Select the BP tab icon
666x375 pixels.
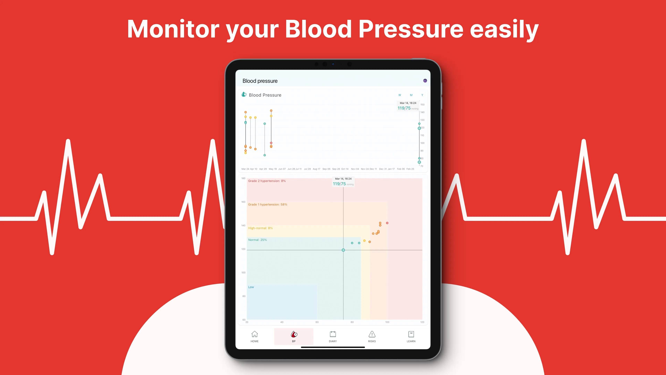(294, 334)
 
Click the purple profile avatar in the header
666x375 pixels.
(425, 81)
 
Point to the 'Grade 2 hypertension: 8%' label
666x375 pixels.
(267, 181)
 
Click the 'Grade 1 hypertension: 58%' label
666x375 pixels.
(268, 205)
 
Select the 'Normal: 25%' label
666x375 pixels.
(257, 240)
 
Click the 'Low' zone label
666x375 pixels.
(251, 287)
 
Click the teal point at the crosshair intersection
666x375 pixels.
(343, 250)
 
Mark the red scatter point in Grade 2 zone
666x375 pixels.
(387, 223)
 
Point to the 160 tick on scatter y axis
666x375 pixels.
(243, 202)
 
